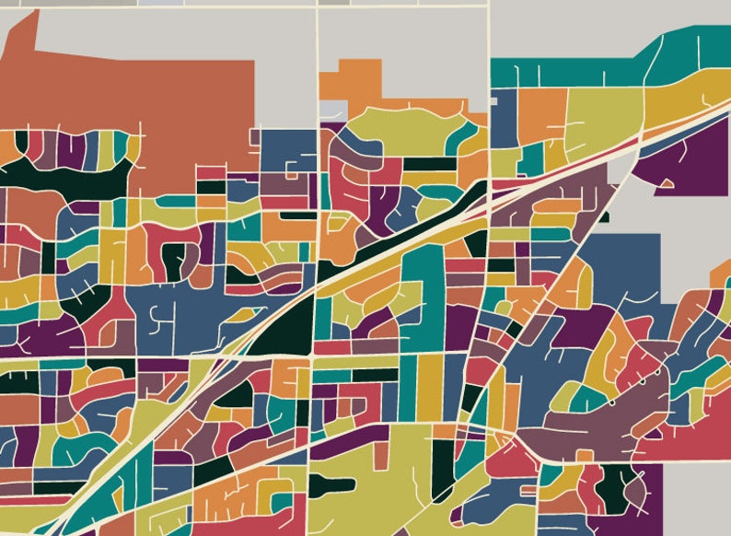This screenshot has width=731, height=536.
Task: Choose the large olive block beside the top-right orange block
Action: (598, 115)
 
